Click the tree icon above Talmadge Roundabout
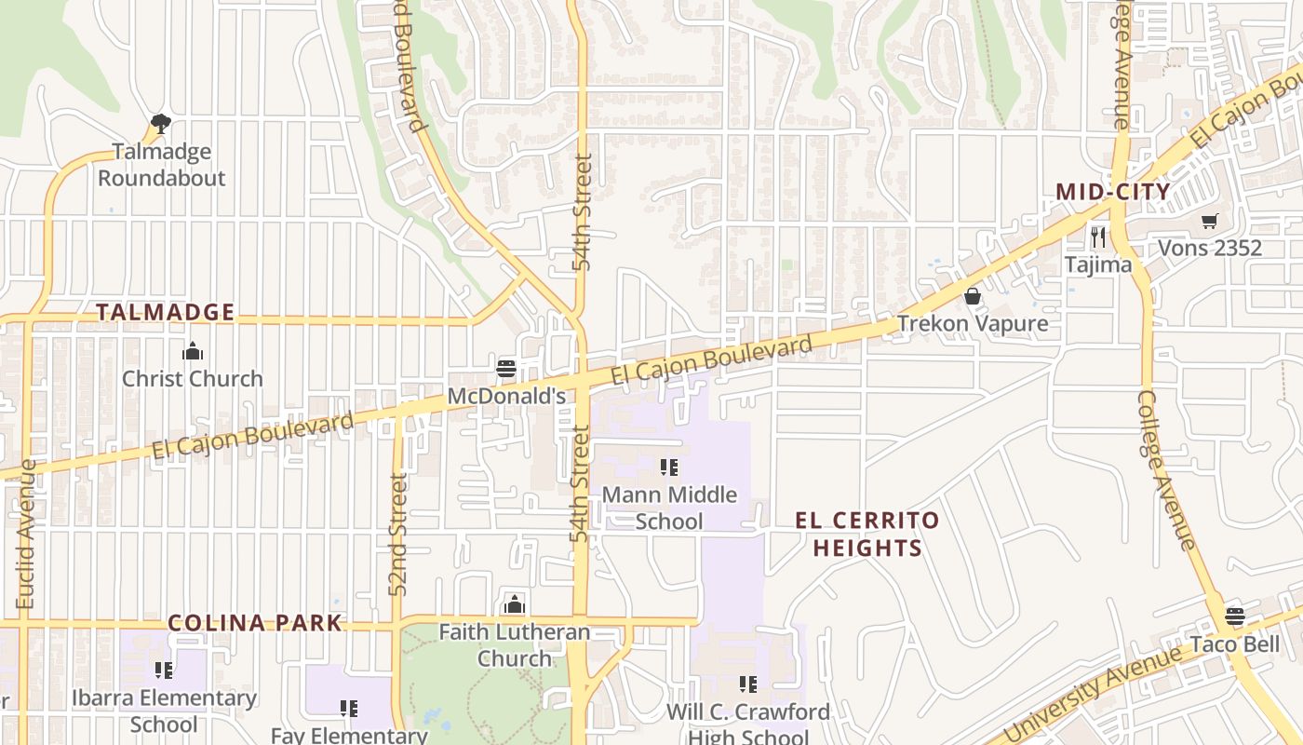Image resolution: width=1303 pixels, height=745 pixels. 161,123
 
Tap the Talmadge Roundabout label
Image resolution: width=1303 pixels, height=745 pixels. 162,164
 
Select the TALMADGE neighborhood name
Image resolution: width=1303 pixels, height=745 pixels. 165,312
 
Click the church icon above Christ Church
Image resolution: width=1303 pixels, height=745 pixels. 193,351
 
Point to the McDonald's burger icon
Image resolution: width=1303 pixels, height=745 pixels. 506,368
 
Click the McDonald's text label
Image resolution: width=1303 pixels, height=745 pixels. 506,396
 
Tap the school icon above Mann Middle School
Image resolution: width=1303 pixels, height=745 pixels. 669,467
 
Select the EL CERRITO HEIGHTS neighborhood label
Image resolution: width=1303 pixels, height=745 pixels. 867,534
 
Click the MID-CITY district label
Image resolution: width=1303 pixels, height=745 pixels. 1112,192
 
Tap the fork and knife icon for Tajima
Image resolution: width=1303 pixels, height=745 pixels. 1098,237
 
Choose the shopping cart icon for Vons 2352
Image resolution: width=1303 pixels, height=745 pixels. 1209,221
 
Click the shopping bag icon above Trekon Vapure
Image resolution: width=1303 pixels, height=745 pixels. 973,296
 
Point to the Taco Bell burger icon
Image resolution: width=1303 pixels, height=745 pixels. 1235,616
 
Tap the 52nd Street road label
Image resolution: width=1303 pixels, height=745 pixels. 398,535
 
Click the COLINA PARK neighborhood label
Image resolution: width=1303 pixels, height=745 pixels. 255,623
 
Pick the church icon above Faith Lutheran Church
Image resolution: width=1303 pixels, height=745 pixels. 514,604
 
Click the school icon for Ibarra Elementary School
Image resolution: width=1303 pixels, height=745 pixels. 164,670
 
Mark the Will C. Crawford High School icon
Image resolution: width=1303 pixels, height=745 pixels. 747,684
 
